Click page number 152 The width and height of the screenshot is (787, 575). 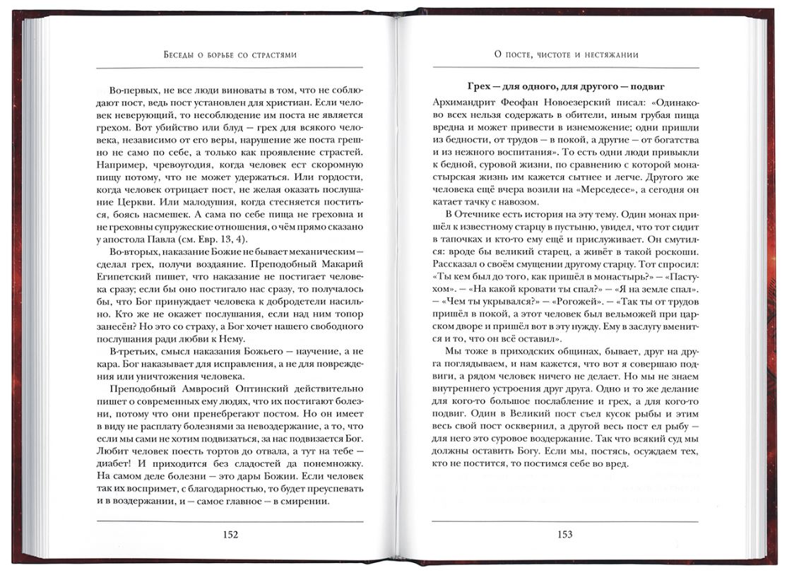click(x=230, y=535)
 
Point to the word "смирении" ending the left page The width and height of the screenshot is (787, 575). click(x=307, y=502)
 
